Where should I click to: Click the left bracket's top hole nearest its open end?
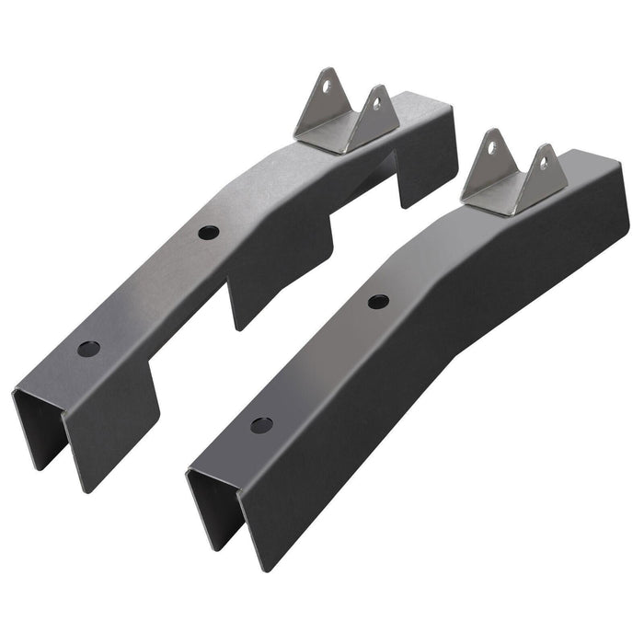[88, 350]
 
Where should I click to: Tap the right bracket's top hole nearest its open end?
[261, 425]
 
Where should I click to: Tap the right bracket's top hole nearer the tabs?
[378, 301]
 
